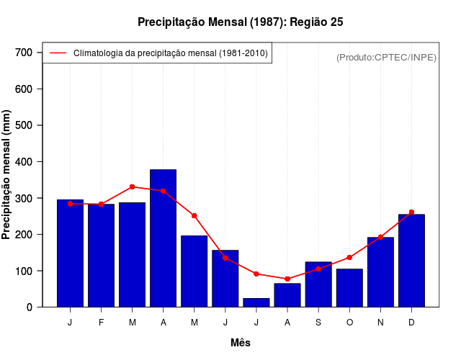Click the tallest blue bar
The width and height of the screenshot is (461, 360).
click(x=163, y=238)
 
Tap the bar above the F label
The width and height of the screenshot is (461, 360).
click(x=101, y=256)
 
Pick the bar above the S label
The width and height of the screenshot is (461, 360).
click(x=318, y=284)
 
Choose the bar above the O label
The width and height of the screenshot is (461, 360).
click(x=349, y=288)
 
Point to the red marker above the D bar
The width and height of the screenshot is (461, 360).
click(x=411, y=212)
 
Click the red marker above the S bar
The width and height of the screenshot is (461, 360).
click(x=318, y=269)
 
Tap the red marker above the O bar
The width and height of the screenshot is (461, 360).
click(x=349, y=257)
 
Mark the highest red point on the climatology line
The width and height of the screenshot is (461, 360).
click(x=132, y=186)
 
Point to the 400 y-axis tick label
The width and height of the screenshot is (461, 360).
click(x=24, y=162)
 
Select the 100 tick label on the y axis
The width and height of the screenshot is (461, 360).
click(x=24, y=271)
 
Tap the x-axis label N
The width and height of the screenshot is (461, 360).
click(x=380, y=323)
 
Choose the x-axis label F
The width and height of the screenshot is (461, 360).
click(x=101, y=323)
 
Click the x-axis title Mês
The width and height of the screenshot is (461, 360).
click(x=241, y=343)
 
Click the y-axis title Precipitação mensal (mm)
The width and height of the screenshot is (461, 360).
click(x=7, y=175)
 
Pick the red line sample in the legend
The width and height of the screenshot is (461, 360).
click(x=58, y=53)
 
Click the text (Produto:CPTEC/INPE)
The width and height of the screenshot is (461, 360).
click(x=387, y=57)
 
